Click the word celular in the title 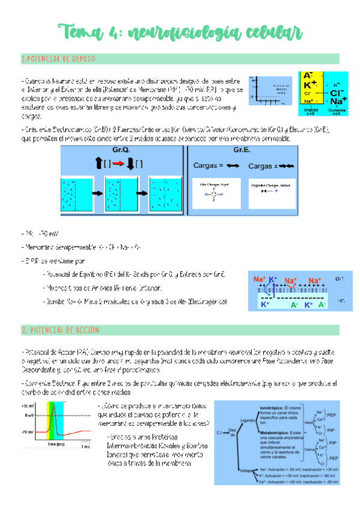(x=272, y=31)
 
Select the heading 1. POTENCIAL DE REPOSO (x=58, y=59)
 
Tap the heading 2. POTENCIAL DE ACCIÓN (x=60, y=331)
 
